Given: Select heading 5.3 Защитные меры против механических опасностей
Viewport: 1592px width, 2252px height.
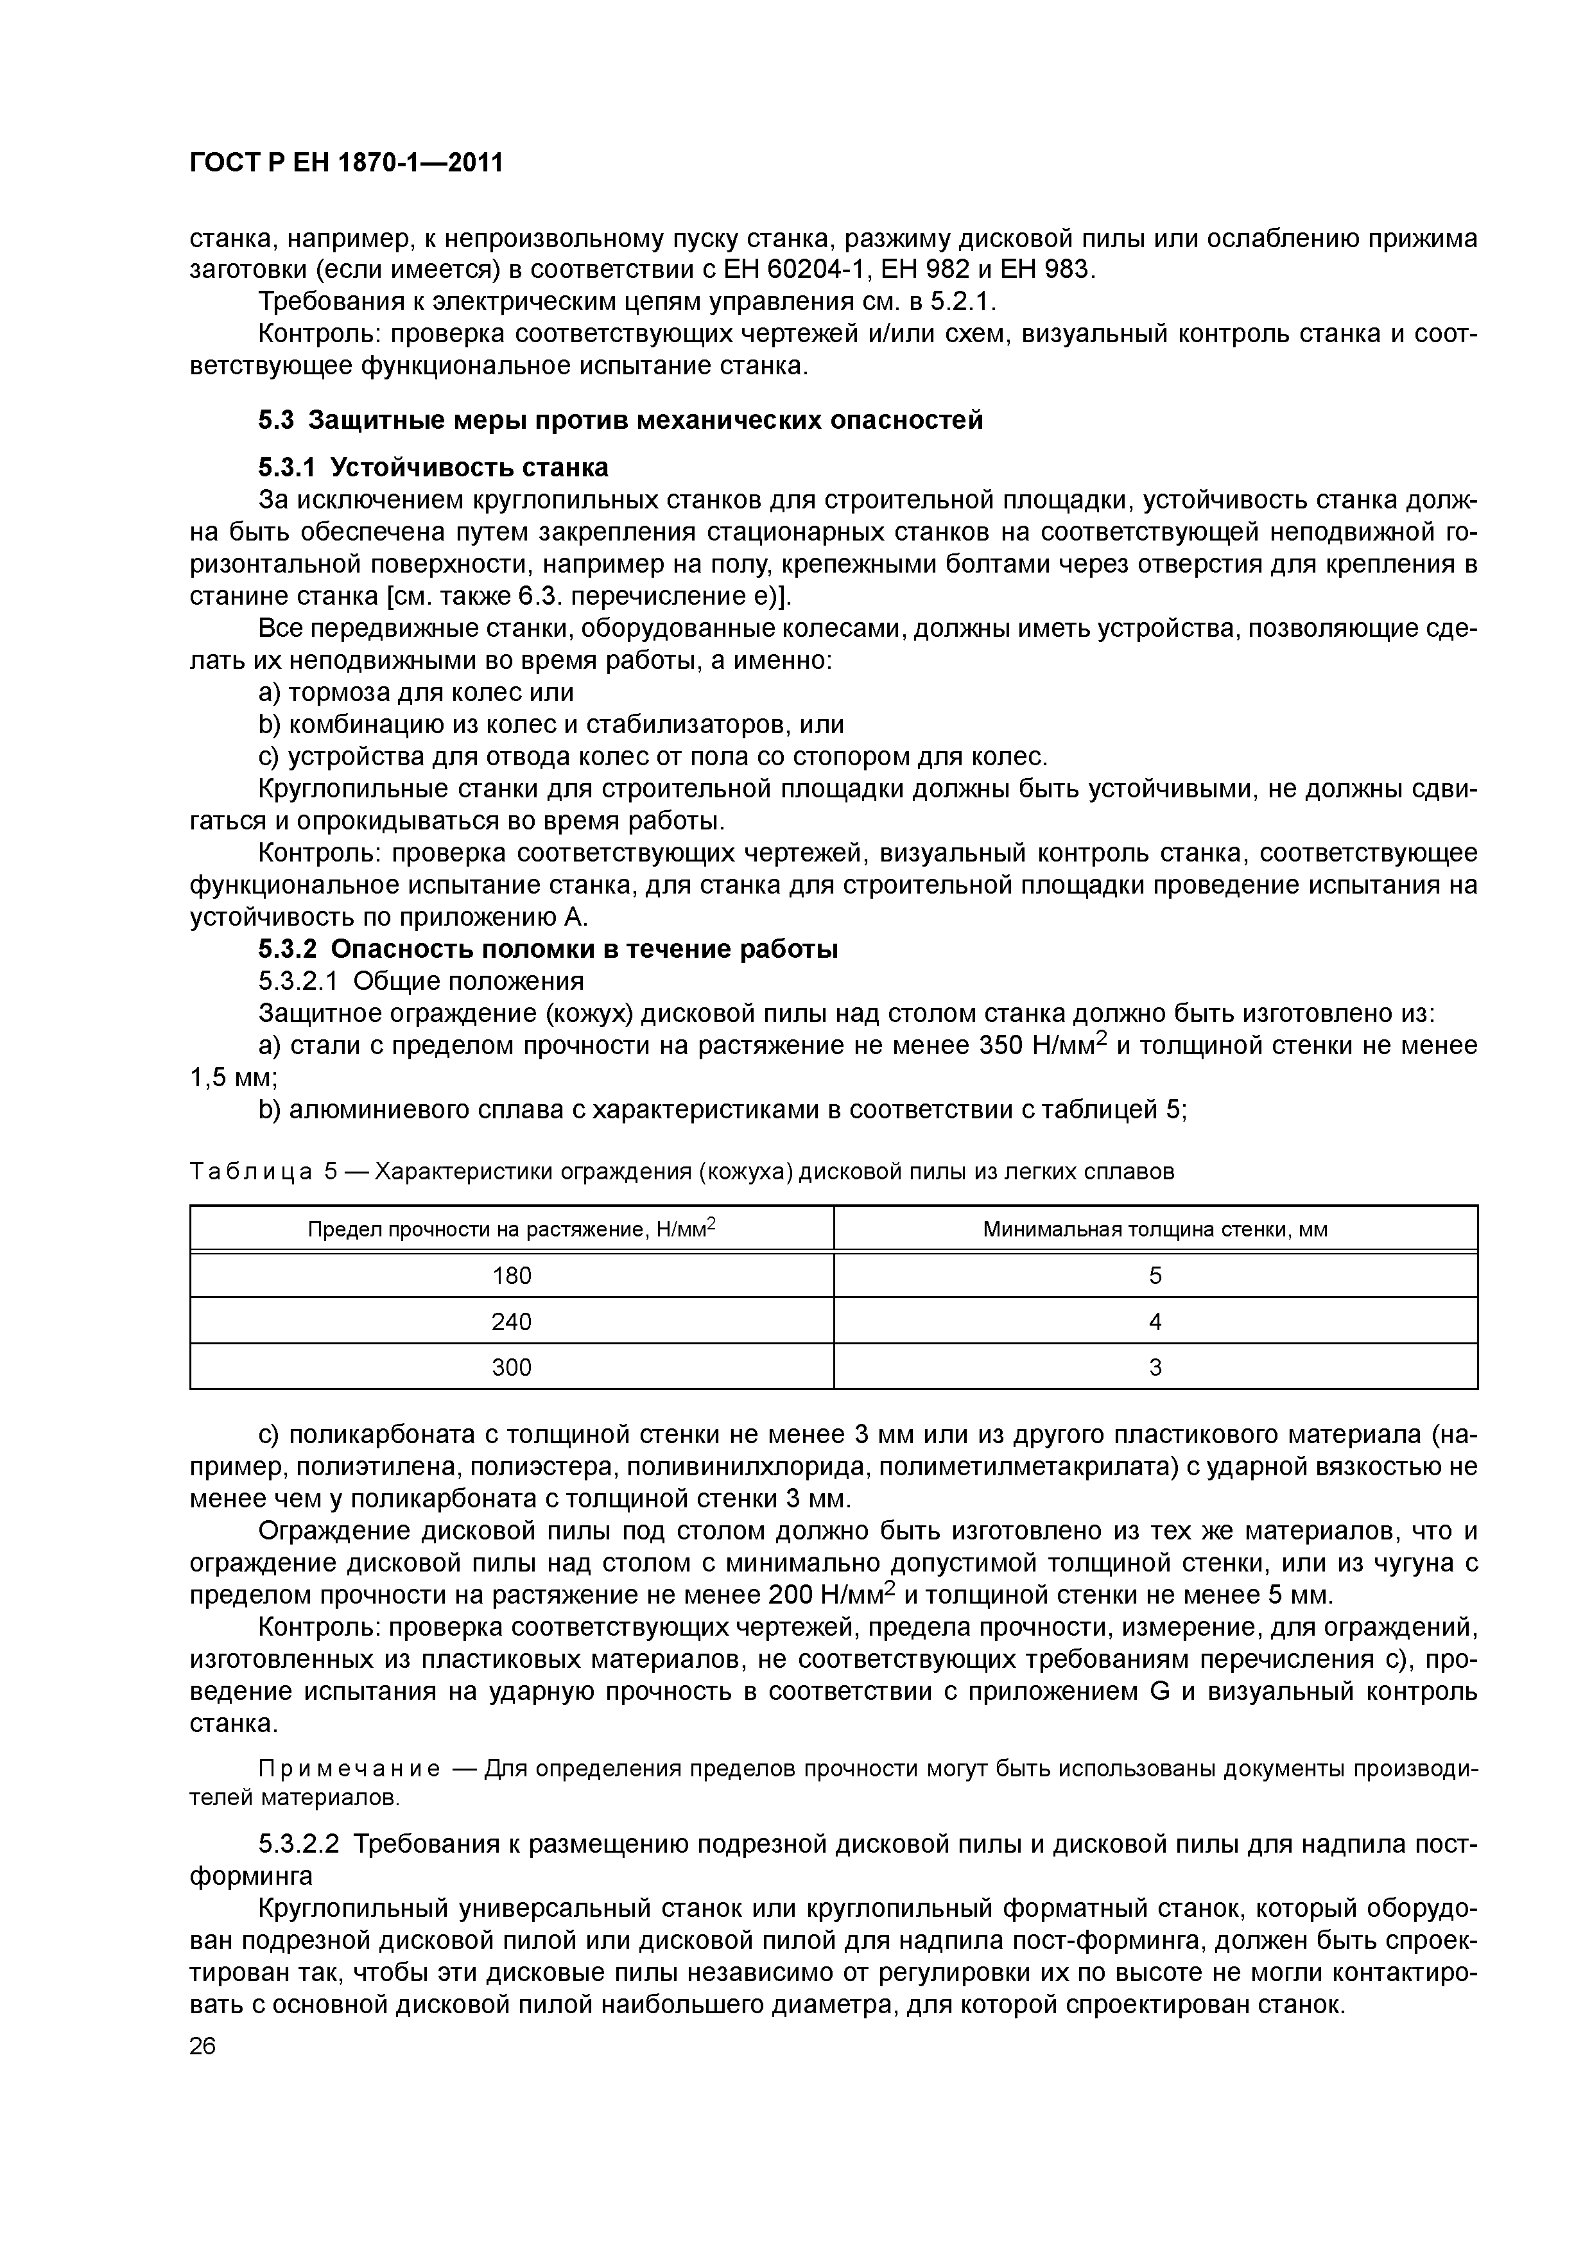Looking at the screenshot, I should pos(620,420).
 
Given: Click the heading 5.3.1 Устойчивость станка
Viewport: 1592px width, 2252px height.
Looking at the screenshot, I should pos(433,467).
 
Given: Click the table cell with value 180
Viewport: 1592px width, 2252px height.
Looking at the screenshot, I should pos(511,1275).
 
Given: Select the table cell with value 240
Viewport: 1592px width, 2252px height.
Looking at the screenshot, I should pos(511,1321).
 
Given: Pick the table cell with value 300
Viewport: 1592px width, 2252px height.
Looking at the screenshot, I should pos(511,1366).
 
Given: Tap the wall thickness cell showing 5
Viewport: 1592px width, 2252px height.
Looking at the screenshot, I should pos(1154,1275).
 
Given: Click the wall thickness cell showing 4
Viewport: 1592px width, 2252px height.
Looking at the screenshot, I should pos(1154,1321).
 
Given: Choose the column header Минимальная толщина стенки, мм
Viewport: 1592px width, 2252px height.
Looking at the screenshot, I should pos(1154,1229).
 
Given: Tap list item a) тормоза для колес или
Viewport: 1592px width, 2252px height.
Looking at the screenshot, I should pos(416,693).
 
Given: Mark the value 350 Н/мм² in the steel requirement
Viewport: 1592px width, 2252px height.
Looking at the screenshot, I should pos(1043,1046).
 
